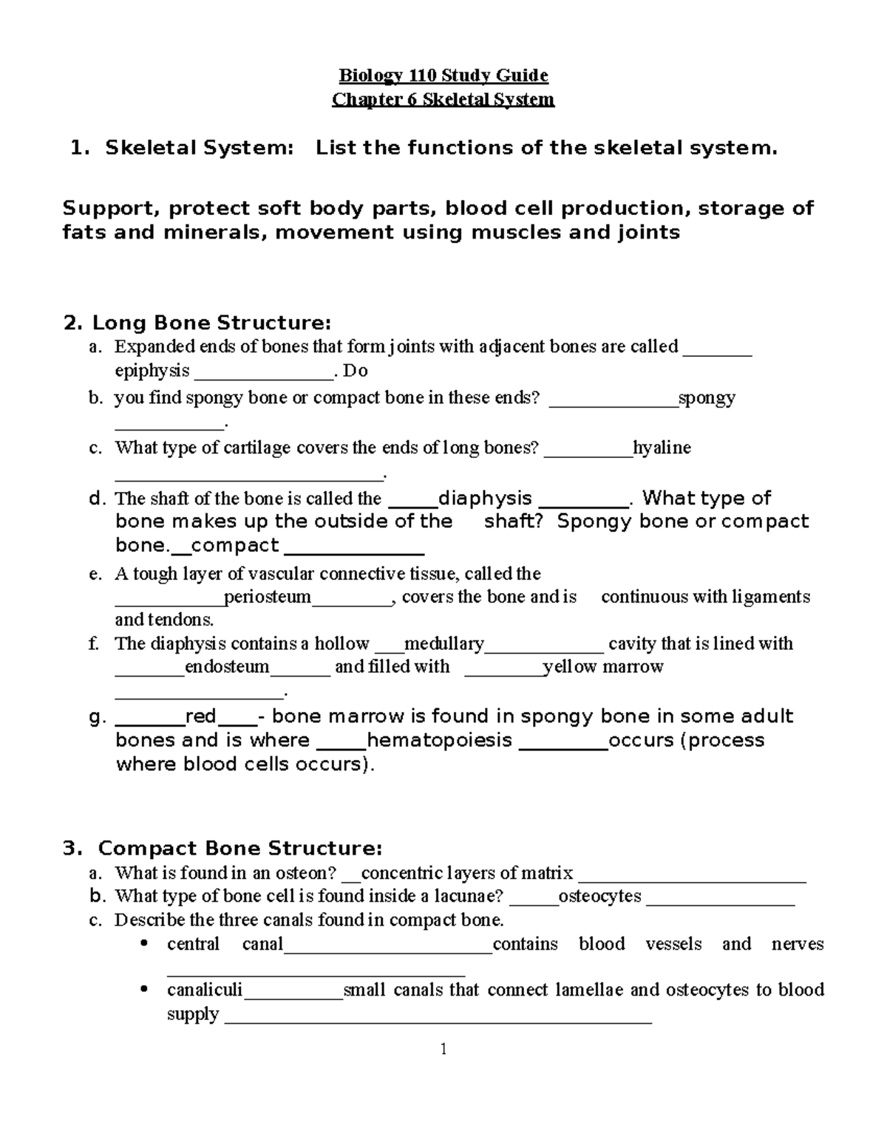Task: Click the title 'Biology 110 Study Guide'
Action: (443, 75)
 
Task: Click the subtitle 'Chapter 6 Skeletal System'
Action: (443, 100)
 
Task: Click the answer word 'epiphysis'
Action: (152, 370)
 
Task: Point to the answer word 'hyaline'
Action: (662, 448)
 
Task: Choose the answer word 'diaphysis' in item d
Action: (485, 499)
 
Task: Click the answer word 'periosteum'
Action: (268, 597)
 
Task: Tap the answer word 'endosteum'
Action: (227, 667)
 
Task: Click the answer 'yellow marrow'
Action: (603, 667)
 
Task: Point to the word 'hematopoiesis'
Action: (439, 740)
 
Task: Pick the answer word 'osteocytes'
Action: (599, 897)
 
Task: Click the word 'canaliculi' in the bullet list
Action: (205, 990)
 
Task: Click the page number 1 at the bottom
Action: (443, 1049)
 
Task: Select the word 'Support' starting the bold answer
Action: (110, 208)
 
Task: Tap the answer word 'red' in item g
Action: (200, 716)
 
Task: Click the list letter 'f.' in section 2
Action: (94, 644)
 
